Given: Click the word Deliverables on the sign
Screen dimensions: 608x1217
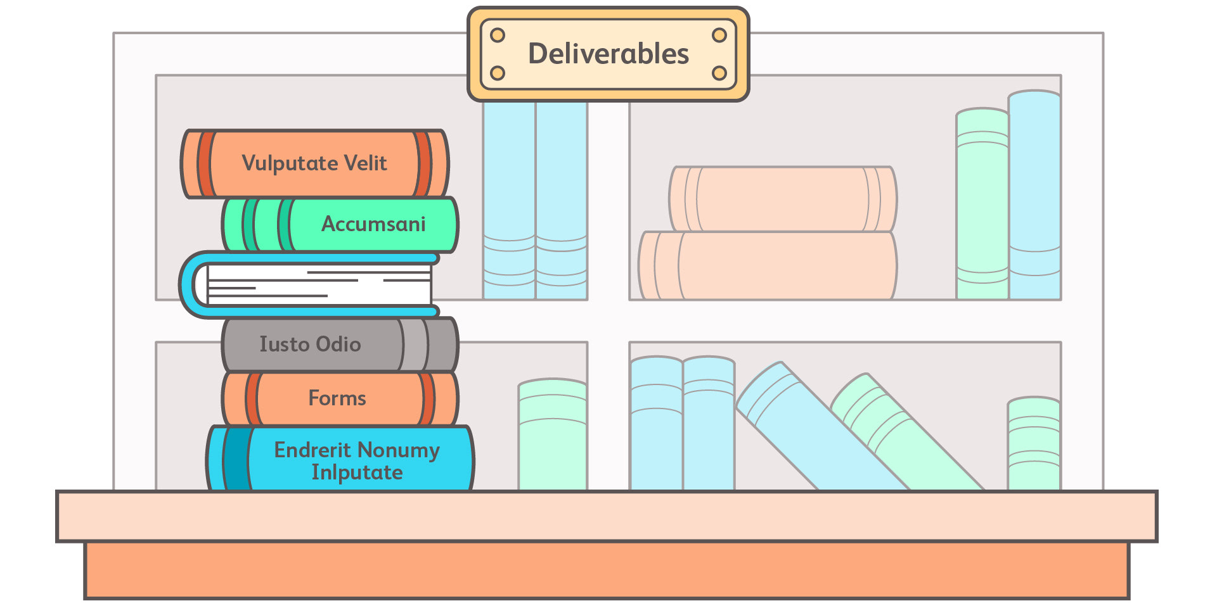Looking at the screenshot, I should (608, 54).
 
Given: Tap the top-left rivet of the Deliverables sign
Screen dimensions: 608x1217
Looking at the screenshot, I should (498, 35).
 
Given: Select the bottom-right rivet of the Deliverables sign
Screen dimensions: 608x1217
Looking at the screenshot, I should (719, 73).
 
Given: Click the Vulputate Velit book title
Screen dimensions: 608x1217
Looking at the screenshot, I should (314, 163).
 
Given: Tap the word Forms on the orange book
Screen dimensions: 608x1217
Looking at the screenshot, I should (337, 398).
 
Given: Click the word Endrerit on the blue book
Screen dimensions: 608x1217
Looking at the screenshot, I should (312, 450).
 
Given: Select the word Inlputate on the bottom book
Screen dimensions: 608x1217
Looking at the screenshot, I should (357, 472).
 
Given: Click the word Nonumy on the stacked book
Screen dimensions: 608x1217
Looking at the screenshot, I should (403, 450).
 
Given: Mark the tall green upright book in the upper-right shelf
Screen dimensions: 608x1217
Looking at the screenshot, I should (982, 203).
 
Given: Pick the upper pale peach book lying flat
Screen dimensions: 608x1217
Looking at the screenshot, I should (783, 199).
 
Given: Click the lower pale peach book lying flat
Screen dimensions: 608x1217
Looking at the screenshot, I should (768, 266).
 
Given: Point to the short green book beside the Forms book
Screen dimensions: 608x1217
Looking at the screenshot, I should (552, 437).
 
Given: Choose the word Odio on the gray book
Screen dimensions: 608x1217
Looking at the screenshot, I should (338, 344).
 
